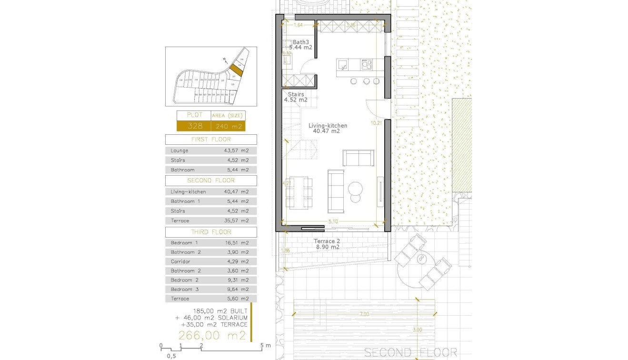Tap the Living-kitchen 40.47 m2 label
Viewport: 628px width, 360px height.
(328, 128)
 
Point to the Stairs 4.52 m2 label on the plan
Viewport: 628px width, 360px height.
(296, 97)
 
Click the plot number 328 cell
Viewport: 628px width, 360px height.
(194, 126)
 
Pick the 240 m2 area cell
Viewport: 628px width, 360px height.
(228, 126)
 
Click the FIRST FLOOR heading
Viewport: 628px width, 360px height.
(210, 140)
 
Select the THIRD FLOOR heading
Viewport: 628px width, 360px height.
(210, 232)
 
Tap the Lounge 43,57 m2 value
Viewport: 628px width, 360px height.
(236, 150)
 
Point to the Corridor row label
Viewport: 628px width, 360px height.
(180, 261)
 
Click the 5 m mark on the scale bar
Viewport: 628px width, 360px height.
(262, 346)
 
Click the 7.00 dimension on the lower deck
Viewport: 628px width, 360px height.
(364, 314)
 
